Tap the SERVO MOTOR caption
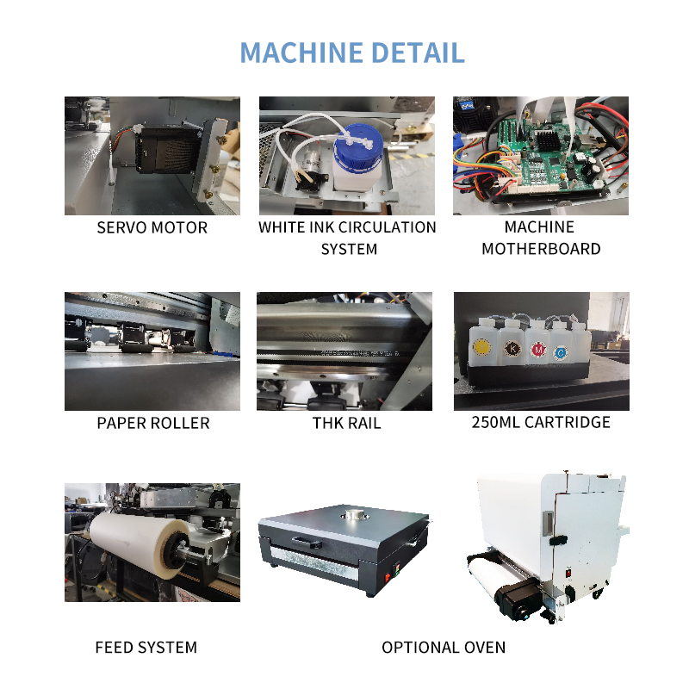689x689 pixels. [x=152, y=228]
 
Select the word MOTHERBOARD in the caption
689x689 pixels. [x=541, y=250]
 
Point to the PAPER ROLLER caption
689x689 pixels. [x=152, y=423]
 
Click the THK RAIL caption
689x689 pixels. [x=347, y=423]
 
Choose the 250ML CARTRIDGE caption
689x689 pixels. [x=541, y=422]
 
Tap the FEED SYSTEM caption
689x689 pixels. [x=146, y=647]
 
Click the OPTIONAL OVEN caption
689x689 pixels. [x=444, y=647]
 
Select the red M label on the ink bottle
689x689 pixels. [x=537, y=351]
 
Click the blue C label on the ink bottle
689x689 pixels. [x=561, y=352]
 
